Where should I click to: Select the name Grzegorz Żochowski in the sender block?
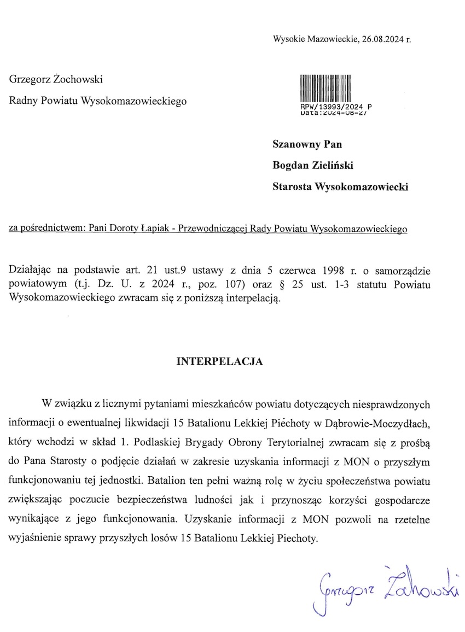[56, 79]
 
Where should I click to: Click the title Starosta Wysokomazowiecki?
[341, 187]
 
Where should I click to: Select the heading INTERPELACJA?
[219, 361]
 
